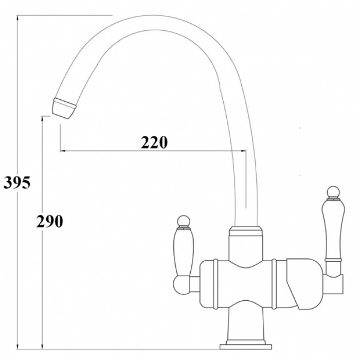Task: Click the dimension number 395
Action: (17, 182)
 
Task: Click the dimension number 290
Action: (49, 221)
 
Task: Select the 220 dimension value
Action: (155, 142)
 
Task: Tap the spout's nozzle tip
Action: (63, 109)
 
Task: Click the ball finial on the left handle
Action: (183, 222)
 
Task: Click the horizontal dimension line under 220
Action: (154, 151)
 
